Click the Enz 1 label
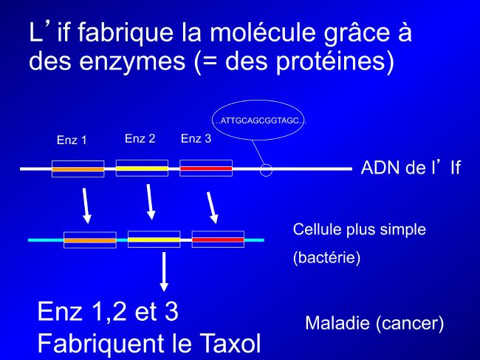pos(72,140)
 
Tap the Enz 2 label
pos(140,139)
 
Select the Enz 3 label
pos(196,139)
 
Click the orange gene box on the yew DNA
pos(78,169)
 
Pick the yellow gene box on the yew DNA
pos(142,169)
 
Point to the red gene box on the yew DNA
pos(206,169)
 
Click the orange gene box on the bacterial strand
pos(90,240)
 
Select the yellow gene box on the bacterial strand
pos(154,240)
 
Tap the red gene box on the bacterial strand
pos(218,240)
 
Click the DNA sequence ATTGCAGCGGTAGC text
pos(259,120)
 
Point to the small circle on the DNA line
pos(266,170)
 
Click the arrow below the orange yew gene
pos(86,206)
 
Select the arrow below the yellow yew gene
pos(150,202)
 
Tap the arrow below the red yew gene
pos(213,208)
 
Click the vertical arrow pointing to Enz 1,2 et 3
pos(164,272)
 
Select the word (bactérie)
pos(326,258)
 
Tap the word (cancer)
pos(409,323)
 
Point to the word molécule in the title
pos(262,32)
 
